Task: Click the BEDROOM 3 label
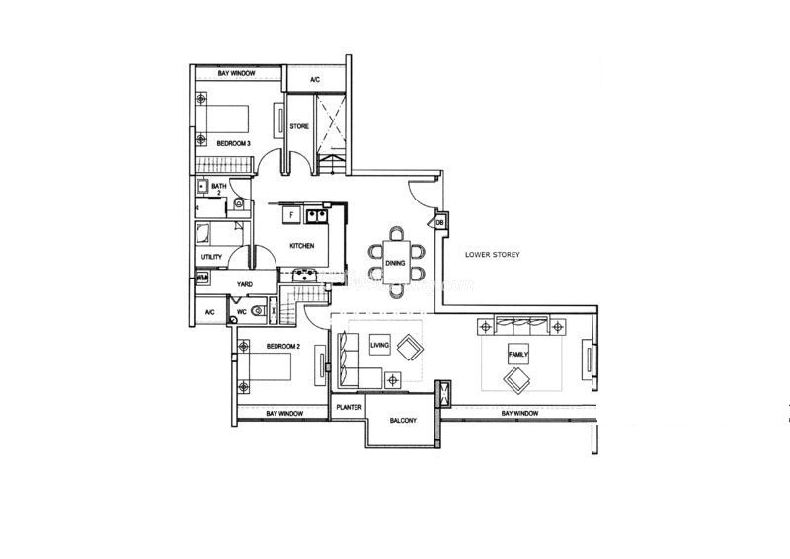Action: (x=233, y=143)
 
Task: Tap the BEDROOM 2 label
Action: (x=283, y=347)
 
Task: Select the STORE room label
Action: (x=299, y=126)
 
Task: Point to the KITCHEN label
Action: (x=302, y=246)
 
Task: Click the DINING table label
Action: (x=395, y=263)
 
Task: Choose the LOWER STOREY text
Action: (x=492, y=255)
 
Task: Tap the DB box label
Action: (x=439, y=223)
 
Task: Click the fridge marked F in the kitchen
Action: (x=291, y=215)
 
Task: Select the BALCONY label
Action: (x=403, y=421)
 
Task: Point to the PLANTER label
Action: (x=349, y=407)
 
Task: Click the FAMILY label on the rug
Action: (x=517, y=355)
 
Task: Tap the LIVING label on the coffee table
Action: (x=379, y=346)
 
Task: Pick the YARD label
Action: (x=245, y=284)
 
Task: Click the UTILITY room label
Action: (x=211, y=257)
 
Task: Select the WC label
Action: (x=242, y=312)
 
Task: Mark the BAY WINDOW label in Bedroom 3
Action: (x=236, y=74)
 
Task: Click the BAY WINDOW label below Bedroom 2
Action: (x=284, y=414)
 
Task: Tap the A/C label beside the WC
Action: (x=210, y=312)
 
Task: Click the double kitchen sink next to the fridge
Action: (x=316, y=215)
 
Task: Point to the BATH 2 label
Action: (x=219, y=189)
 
